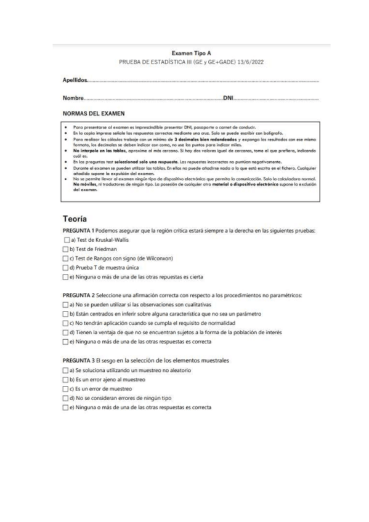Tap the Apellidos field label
[x=75, y=80]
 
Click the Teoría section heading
[x=77, y=218]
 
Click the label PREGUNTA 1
[x=81, y=230]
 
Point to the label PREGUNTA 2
[x=81, y=295]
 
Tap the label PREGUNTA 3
[x=81, y=359]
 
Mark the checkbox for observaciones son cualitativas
[x=66, y=304]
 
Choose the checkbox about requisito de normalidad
[x=66, y=323]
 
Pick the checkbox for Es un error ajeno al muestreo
[x=66, y=379]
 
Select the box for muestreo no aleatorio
[x=66, y=369]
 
